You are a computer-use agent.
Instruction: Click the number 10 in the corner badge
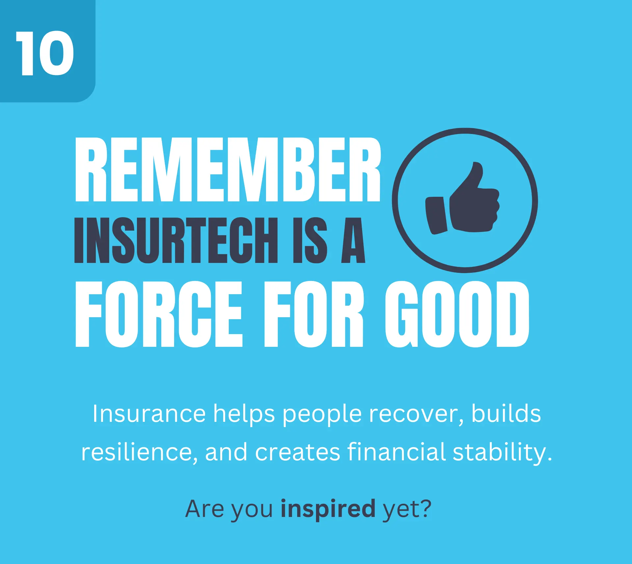tap(45, 53)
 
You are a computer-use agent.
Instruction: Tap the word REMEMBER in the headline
tap(228, 170)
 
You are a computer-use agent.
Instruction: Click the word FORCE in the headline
tap(159, 314)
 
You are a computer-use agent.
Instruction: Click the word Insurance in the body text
tap(149, 414)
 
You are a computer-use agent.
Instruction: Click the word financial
tap(396, 452)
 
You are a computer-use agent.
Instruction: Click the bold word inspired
tap(328, 509)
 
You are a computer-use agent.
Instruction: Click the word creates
tap(298, 452)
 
